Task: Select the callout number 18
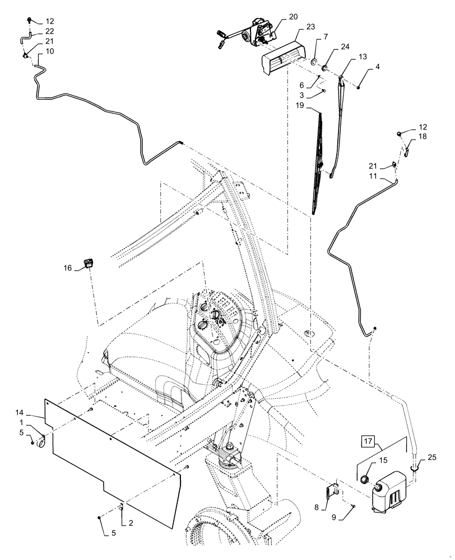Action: pos(421,136)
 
